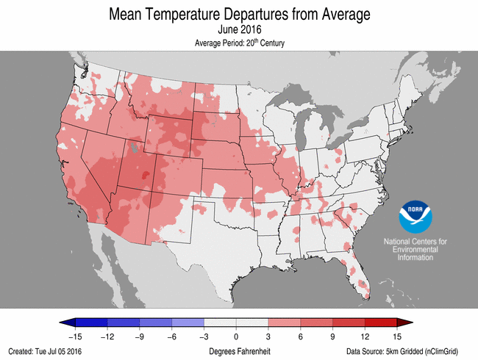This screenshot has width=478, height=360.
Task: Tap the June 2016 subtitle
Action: click(x=239, y=30)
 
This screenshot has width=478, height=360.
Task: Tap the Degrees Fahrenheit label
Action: click(x=239, y=352)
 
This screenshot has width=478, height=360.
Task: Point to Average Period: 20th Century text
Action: click(x=239, y=43)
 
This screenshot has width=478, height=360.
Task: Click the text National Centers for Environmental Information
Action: click(x=415, y=250)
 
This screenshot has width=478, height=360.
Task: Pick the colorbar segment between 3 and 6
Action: click(x=285, y=323)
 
